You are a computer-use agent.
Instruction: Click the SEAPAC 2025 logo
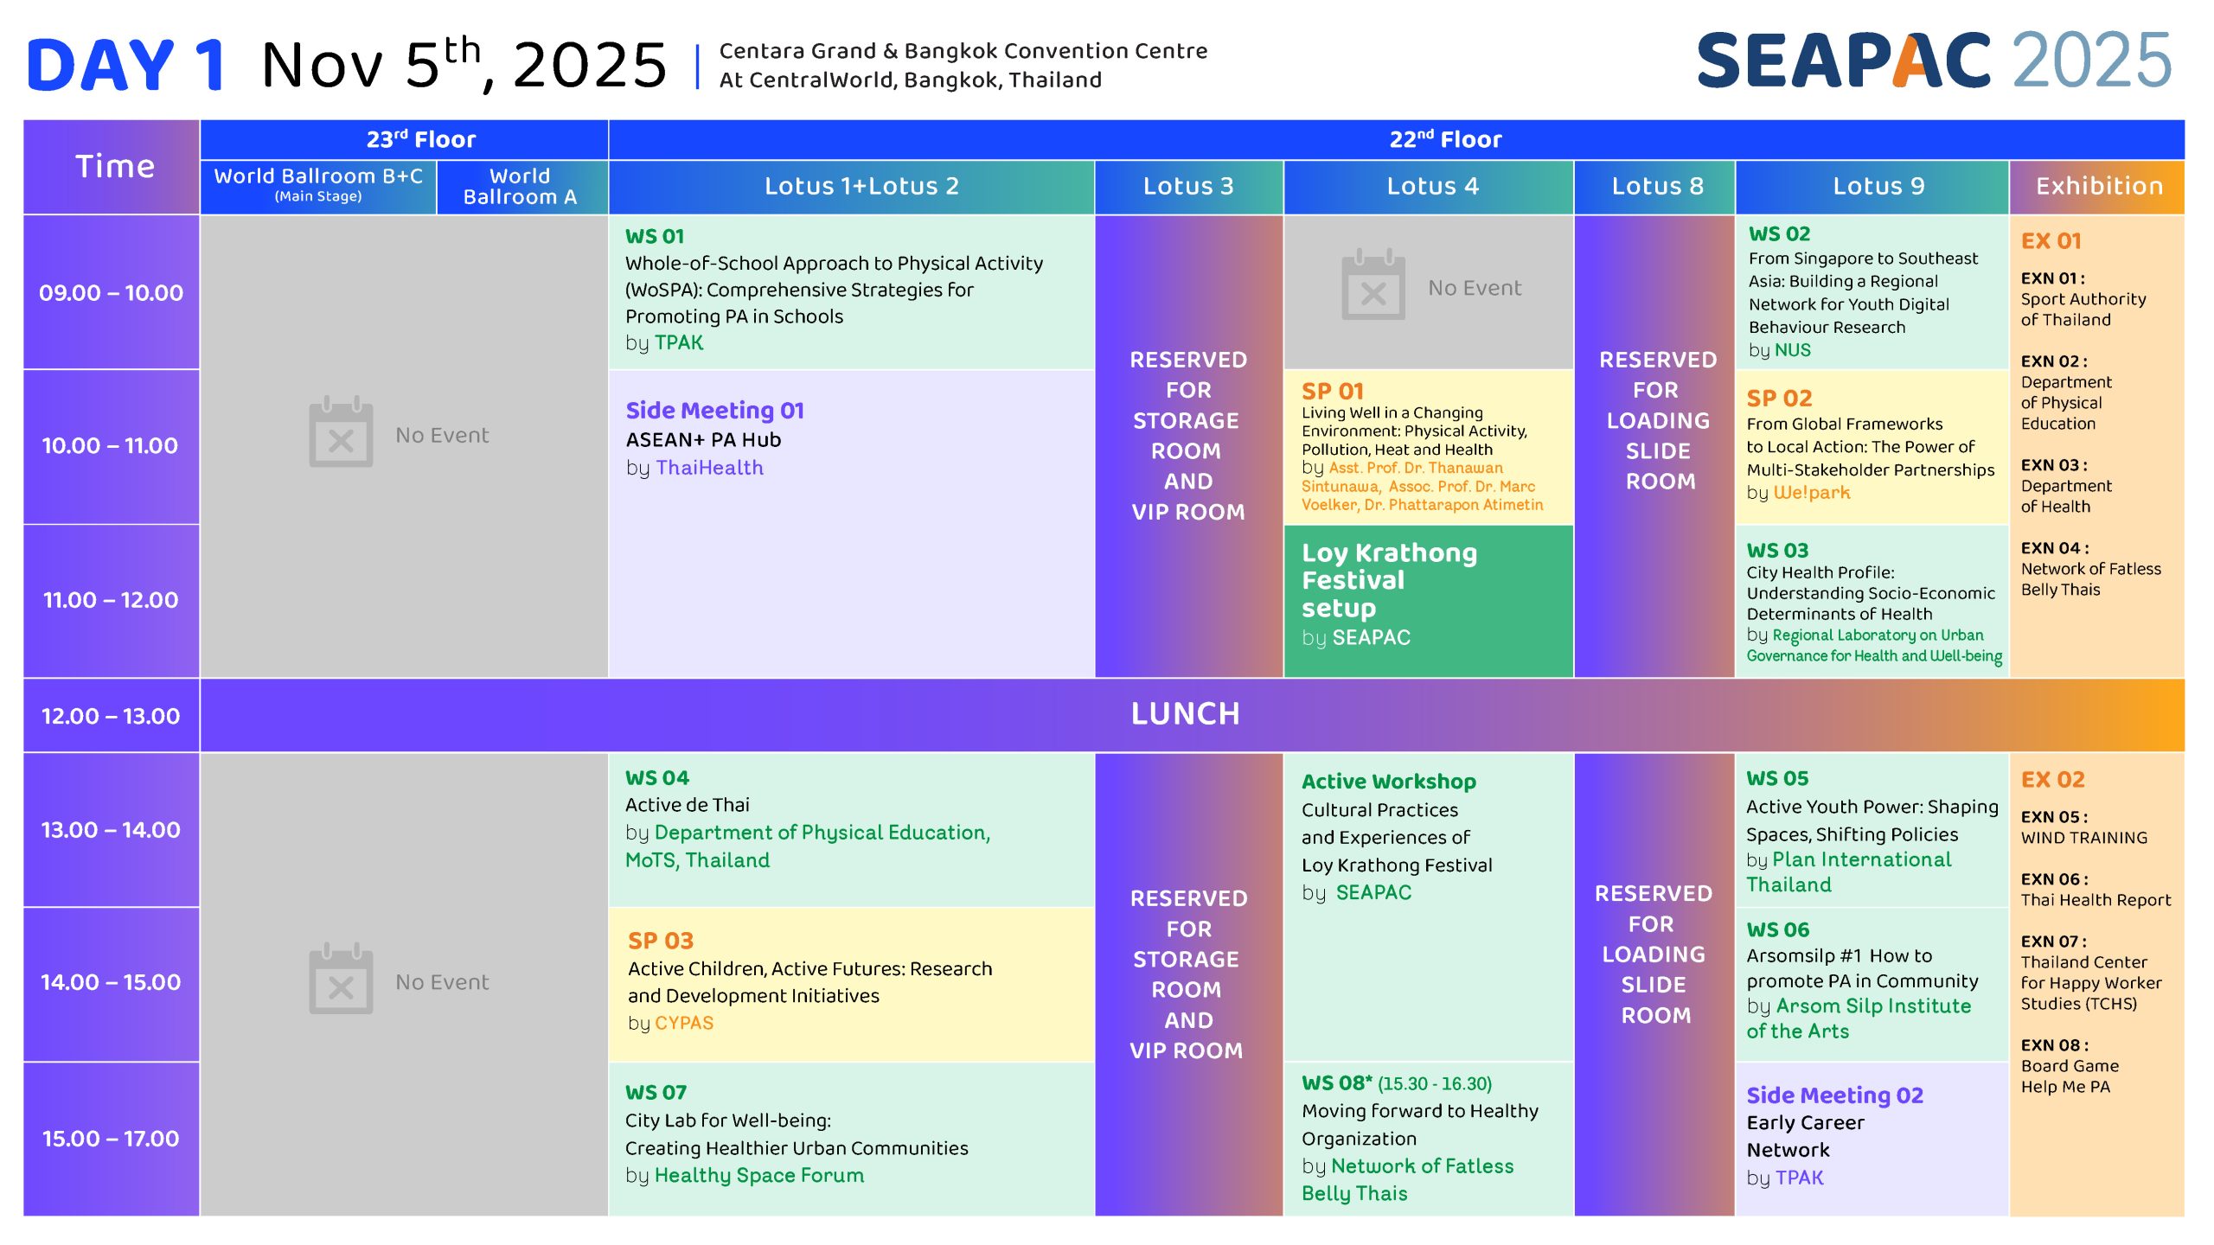(x=1935, y=61)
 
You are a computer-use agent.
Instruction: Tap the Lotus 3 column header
(x=1188, y=186)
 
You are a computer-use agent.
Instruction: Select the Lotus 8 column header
(x=1657, y=186)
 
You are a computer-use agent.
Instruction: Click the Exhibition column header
(x=2099, y=186)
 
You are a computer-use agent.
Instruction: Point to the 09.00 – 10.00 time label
(x=111, y=293)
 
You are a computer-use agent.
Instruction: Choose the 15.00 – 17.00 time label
(x=111, y=1139)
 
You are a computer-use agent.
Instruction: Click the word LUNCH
(x=1186, y=714)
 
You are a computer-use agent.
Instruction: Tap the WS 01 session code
(x=655, y=236)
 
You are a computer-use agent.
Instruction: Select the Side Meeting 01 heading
(x=715, y=410)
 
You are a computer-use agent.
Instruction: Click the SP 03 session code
(x=661, y=941)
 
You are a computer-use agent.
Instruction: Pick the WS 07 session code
(x=656, y=1093)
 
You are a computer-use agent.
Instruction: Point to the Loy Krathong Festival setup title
(x=1389, y=580)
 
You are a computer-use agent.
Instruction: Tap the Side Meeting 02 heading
(x=1834, y=1095)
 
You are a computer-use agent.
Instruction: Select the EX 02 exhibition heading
(x=2052, y=780)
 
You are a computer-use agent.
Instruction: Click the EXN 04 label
(x=2054, y=548)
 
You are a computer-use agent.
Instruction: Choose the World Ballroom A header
(x=521, y=187)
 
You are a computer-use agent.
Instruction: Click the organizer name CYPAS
(x=684, y=1023)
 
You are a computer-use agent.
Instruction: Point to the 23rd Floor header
(x=421, y=139)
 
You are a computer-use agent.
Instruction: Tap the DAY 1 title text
(x=126, y=66)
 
